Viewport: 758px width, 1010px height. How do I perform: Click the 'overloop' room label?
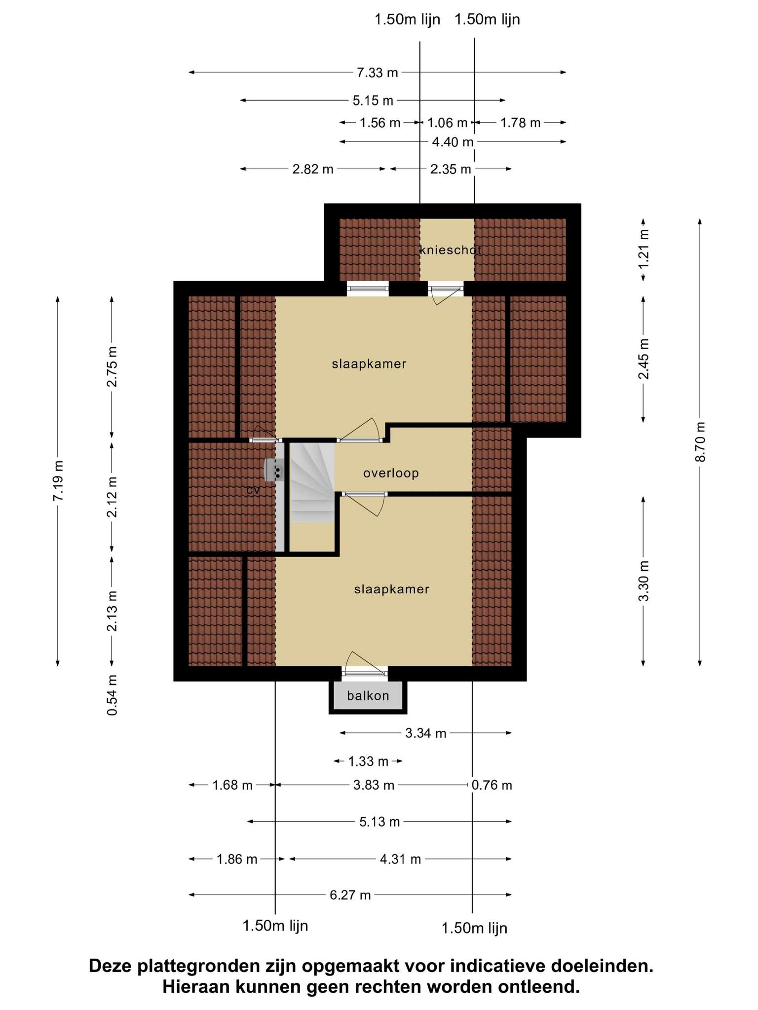click(x=391, y=473)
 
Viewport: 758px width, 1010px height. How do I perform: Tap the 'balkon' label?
click(x=368, y=696)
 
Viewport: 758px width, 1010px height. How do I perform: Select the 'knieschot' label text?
click(x=450, y=250)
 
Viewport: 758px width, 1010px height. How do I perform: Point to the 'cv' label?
click(x=253, y=491)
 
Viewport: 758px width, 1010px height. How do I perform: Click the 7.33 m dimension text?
click(x=378, y=73)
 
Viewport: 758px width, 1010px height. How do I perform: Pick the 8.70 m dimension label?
click(x=700, y=442)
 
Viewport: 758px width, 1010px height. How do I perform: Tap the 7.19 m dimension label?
click(x=58, y=481)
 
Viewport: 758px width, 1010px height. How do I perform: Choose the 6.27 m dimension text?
click(x=350, y=895)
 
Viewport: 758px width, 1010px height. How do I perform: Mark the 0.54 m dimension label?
click(x=113, y=695)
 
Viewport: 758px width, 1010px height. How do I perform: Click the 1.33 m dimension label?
click(x=368, y=761)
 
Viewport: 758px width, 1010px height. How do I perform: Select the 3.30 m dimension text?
click(x=644, y=581)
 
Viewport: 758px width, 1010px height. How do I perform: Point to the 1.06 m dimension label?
click(x=447, y=123)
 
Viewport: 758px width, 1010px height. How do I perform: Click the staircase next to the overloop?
click(x=312, y=482)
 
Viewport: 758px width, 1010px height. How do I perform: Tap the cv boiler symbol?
click(x=274, y=470)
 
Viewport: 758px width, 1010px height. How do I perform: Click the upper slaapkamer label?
click(x=369, y=364)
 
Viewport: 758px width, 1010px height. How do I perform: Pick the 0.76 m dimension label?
click(x=492, y=785)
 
